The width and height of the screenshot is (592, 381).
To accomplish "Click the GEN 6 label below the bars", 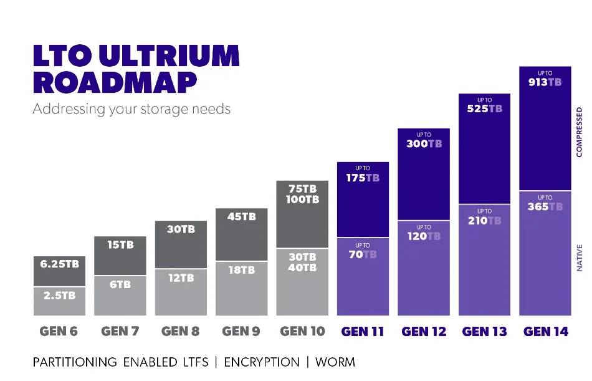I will pyautogui.click(x=59, y=331).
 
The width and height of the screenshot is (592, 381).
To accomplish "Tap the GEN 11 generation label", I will pyautogui.click(x=363, y=331).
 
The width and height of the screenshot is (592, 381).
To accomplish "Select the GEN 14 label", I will pyautogui.click(x=546, y=331).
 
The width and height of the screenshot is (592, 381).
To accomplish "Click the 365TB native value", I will pyautogui.click(x=545, y=206).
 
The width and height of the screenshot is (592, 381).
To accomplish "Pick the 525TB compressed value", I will pyautogui.click(x=485, y=109).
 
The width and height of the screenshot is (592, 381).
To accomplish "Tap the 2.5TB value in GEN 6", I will pyautogui.click(x=59, y=295).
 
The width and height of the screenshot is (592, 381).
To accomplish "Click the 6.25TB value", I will pyautogui.click(x=59, y=264).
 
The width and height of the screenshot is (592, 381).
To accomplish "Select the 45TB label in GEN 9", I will pyautogui.click(x=241, y=217).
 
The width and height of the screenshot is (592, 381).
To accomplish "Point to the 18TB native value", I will pyautogui.click(x=241, y=270).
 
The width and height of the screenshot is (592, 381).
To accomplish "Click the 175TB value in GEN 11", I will pyautogui.click(x=363, y=178).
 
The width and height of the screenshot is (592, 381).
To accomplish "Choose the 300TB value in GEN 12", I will pyautogui.click(x=424, y=143).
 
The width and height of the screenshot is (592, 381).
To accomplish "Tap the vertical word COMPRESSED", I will pyautogui.click(x=580, y=132).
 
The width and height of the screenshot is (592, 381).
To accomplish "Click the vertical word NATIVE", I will pyautogui.click(x=580, y=258).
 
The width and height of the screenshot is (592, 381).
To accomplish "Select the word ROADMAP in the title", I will pyautogui.click(x=115, y=82).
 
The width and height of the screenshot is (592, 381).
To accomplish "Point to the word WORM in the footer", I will pyautogui.click(x=335, y=362).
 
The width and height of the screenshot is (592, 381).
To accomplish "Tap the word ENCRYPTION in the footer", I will pyautogui.click(x=262, y=362).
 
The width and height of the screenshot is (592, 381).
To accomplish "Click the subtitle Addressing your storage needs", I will pyautogui.click(x=131, y=109).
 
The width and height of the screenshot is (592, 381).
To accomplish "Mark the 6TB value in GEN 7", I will pyautogui.click(x=120, y=284).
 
